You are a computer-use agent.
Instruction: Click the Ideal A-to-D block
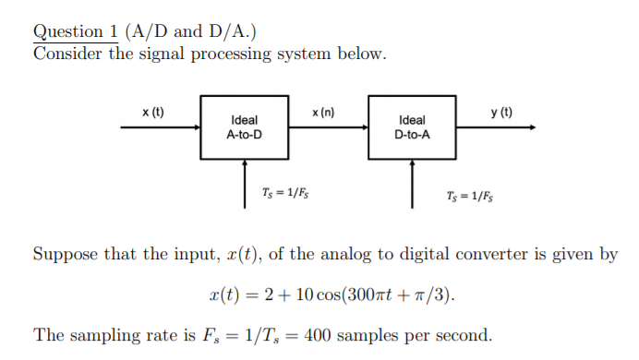[244, 126]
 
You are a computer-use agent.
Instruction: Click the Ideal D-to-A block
[411, 126]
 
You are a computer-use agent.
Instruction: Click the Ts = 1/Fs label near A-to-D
[287, 193]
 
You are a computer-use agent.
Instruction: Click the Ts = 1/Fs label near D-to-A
[470, 197]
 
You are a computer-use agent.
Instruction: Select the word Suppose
[66, 254]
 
